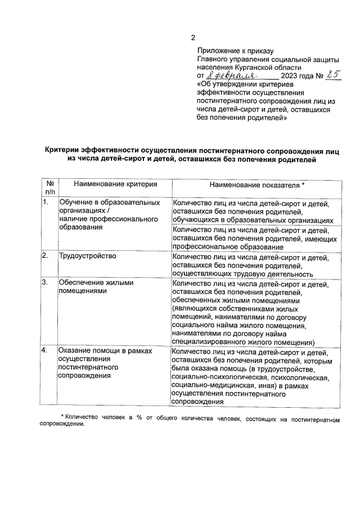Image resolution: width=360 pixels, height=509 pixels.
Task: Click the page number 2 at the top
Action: point(192,38)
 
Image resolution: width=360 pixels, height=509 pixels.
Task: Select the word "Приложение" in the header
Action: point(218,52)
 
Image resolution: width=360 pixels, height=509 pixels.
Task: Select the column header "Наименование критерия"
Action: point(107,184)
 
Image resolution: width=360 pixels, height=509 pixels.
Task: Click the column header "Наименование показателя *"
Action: point(257,184)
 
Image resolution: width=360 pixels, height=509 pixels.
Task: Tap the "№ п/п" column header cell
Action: point(49,188)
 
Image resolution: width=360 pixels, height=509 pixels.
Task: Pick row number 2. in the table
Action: point(46,256)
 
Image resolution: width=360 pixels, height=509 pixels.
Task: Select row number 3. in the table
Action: point(46,283)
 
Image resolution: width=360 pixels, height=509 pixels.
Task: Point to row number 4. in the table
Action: point(46,351)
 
